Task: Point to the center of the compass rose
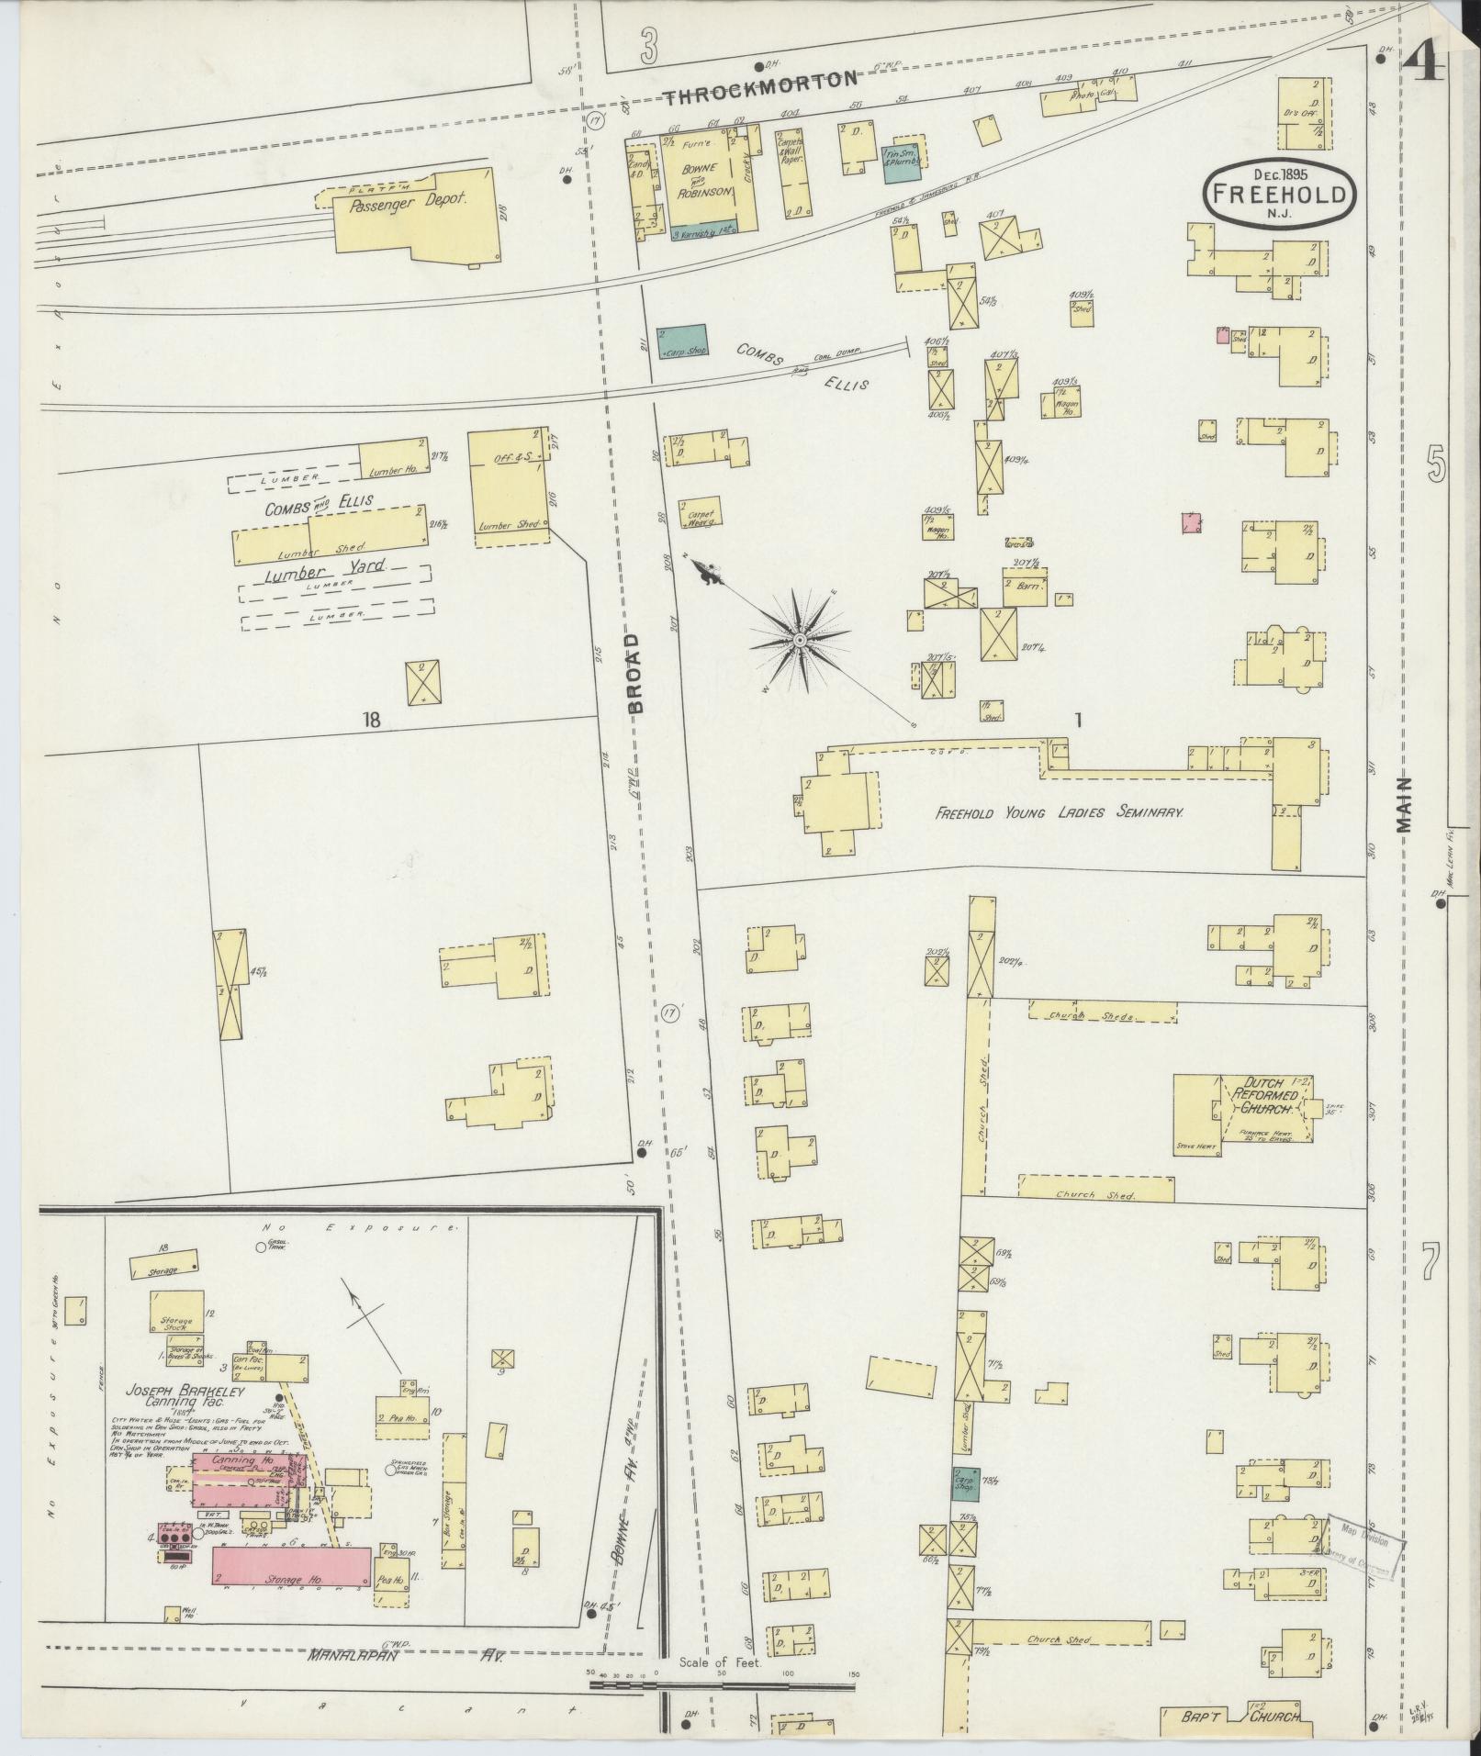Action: click(x=800, y=640)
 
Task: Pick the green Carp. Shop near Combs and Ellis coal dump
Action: click(x=682, y=340)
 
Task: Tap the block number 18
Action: click(x=370, y=720)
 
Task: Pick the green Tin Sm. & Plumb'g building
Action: click(x=902, y=163)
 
